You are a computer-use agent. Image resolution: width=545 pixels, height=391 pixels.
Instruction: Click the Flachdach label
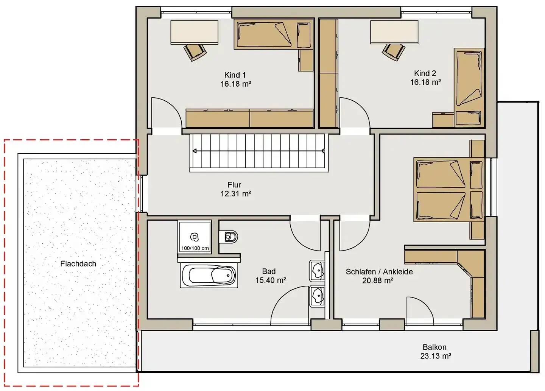click(x=78, y=263)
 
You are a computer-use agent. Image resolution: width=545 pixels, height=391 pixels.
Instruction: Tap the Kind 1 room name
click(x=235, y=75)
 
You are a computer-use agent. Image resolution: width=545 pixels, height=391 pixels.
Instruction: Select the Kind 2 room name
click(x=425, y=73)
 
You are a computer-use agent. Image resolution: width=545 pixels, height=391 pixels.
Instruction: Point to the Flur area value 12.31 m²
click(x=236, y=194)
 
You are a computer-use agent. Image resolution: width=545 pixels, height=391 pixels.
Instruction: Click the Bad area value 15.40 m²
click(x=271, y=280)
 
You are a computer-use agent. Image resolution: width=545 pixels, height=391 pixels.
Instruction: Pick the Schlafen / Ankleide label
click(x=379, y=271)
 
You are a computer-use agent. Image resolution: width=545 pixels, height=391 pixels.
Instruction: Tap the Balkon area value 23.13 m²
click(x=436, y=356)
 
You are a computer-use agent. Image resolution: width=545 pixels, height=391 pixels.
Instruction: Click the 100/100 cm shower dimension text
click(x=195, y=248)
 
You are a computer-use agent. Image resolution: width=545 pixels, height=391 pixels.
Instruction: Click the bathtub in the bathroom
click(x=209, y=276)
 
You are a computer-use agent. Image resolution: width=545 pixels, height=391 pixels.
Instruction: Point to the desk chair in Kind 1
click(x=195, y=52)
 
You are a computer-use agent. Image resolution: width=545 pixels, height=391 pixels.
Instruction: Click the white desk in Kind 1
click(x=194, y=32)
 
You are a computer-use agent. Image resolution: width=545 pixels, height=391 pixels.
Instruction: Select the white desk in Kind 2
click(x=394, y=32)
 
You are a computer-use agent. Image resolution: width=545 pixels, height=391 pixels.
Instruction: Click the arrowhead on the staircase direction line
click(x=195, y=151)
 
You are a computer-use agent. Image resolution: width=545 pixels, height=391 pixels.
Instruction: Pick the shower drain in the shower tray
click(x=195, y=237)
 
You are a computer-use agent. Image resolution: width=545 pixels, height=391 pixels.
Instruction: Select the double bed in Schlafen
click(x=448, y=190)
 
